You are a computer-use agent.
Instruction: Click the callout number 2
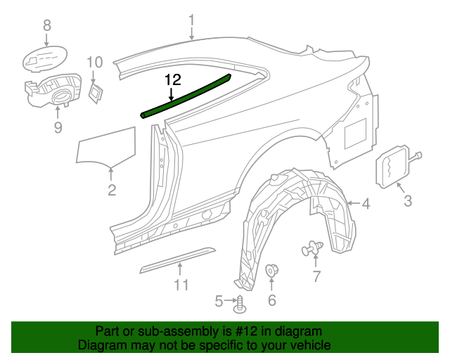point(112,190)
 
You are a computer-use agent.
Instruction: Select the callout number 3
point(408,203)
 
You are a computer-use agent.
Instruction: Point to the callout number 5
point(219,302)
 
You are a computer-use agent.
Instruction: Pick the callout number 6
point(272,301)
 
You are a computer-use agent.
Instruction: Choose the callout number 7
point(316,276)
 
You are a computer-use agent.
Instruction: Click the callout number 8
point(47,25)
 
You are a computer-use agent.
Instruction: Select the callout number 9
point(58,127)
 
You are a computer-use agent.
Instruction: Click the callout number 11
point(181,285)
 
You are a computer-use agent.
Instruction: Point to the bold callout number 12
point(173,80)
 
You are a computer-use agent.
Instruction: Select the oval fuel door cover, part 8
point(43,57)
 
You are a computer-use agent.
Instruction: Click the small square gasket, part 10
point(96,91)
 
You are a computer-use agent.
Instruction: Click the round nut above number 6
point(272,271)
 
